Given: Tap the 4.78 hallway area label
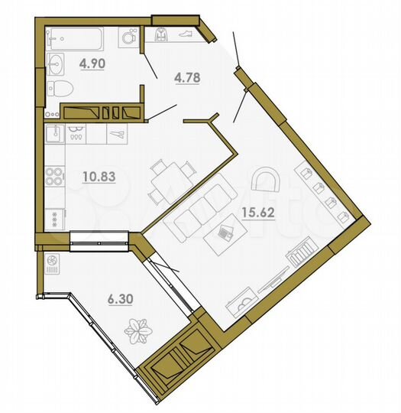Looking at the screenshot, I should [x=187, y=77].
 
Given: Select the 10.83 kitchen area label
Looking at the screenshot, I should [x=98, y=177].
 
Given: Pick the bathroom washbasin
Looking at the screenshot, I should [x=56, y=61].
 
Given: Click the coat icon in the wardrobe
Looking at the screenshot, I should [x=162, y=34].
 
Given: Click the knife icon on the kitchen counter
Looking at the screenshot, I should [x=118, y=135].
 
